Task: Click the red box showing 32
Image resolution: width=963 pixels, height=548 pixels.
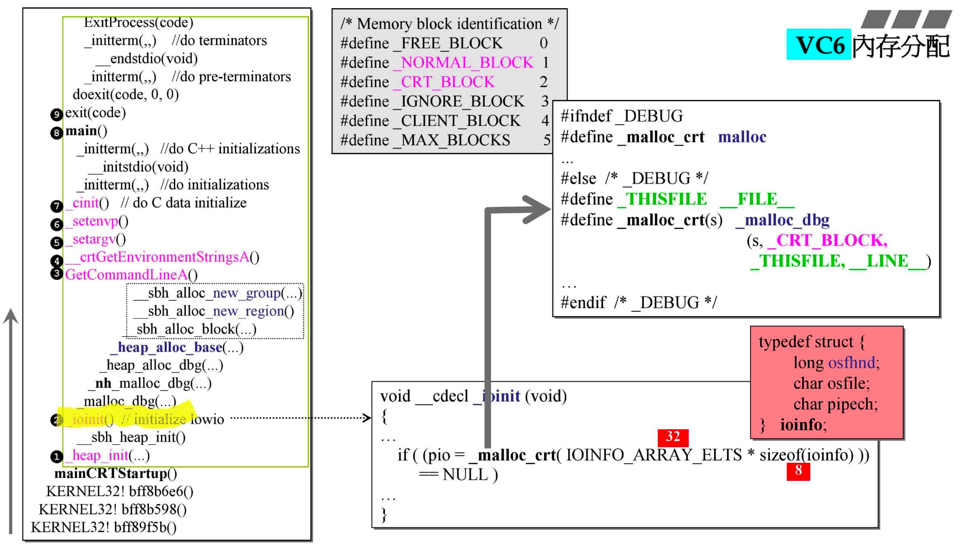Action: point(673,437)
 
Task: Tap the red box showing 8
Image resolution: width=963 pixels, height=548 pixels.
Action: point(798,470)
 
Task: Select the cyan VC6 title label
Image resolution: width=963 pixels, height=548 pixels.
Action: point(819,45)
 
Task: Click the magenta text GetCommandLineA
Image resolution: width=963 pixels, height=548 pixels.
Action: point(126,275)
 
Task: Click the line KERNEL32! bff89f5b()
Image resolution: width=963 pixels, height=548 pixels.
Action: point(103,527)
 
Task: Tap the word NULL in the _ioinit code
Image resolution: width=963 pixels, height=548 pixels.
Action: point(465,475)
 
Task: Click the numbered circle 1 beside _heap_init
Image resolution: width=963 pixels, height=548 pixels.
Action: point(57,457)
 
